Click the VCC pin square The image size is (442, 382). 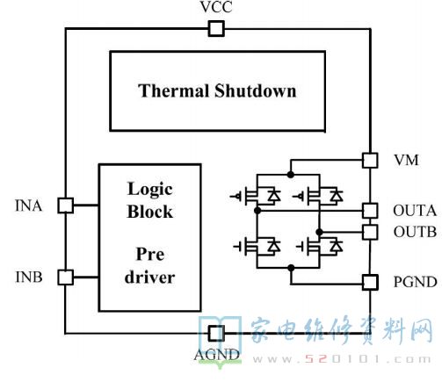[x=216, y=29]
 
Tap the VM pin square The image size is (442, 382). [x=370, y=160]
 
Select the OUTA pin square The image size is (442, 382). [x=370, y=210]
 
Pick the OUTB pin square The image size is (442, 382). [x=370, y=232]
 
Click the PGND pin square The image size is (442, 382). [x=370, y=282]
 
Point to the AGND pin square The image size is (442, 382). [x=216, y=333]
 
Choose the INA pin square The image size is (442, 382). [x=65, y=205]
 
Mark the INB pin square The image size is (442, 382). [x=65, y=277]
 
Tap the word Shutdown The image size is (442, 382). [x=255, y=90]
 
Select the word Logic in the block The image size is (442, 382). [x=150, y=190]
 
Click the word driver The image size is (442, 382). [x=149, y=277]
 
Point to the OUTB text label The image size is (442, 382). [x=415, y=232]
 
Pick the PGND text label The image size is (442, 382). [x=415, y=282]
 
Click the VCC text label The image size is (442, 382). [x=216, y=7]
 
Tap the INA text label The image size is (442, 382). [x=28, y=205]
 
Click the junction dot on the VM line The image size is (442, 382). [x=290, y=175]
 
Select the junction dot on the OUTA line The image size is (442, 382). [x=257, y=210]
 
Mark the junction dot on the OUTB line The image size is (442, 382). [x=319, y=232]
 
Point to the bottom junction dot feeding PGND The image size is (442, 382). [x=291, y=268]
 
